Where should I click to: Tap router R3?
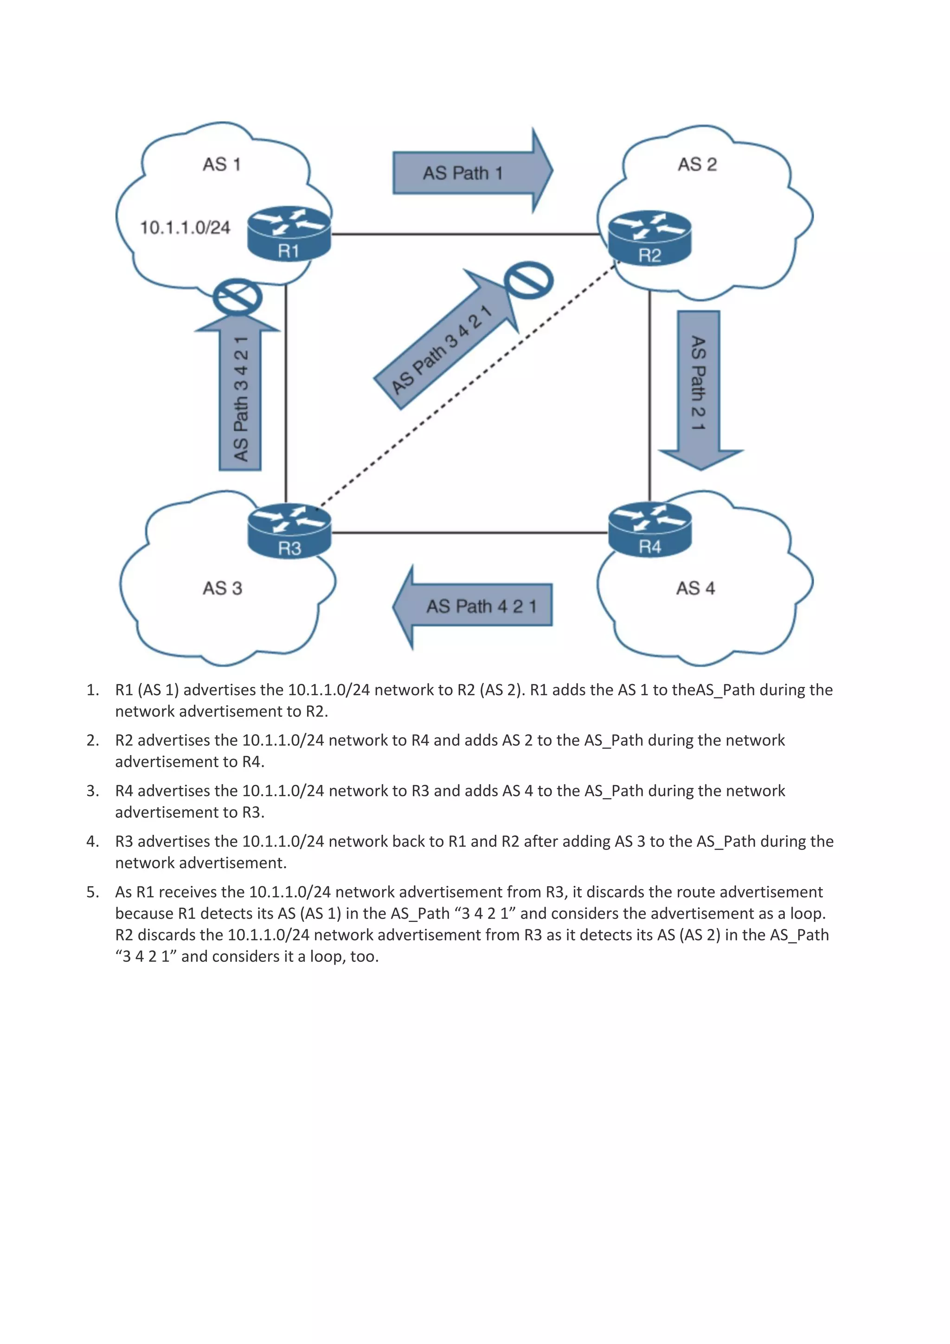pos(289,531)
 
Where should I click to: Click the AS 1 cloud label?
pos(221,165)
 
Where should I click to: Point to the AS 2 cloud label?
pos(697,165)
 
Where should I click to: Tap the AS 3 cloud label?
pos(222,589)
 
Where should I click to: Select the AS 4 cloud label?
pos(695,589)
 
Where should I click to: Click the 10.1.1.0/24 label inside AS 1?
pos(185,228)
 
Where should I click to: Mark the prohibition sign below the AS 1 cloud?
pos(237,297)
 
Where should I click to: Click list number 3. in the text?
pos(92,791)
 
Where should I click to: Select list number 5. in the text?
pos(92,892)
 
